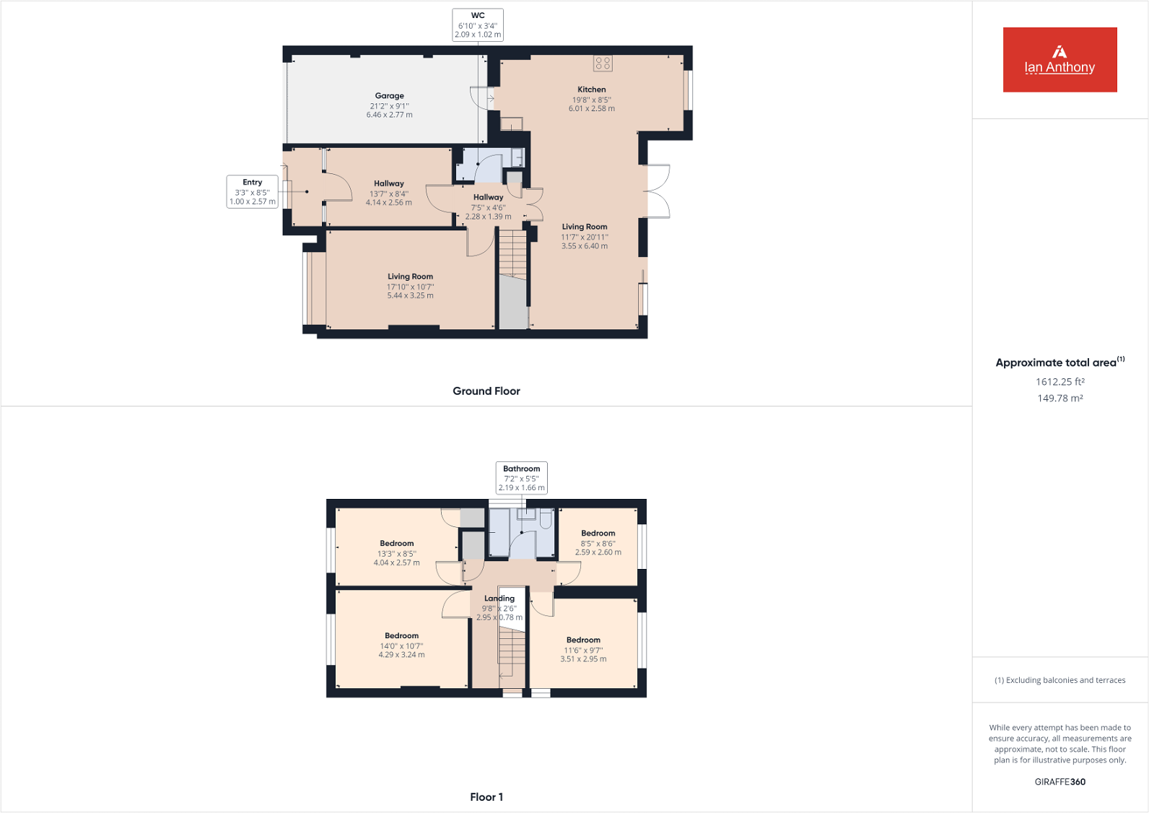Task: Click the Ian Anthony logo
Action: coord(1060,60)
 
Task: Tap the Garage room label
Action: coord(389,96)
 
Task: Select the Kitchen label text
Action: coord(591,90)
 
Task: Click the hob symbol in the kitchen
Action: coord(603,64)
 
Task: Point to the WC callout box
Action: coord(478,25)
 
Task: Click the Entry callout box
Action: coord(252,192)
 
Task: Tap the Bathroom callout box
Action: coord(521,478)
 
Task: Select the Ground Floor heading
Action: coord(486,391)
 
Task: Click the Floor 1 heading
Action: coord(486,797)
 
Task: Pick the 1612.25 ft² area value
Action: coord(1060,382)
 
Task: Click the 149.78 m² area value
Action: coord(1060,399)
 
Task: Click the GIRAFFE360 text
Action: coord(1060,782)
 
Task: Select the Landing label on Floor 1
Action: coord(499,599)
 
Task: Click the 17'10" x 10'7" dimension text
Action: coord(410,287)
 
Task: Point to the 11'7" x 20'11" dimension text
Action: coord(585,237)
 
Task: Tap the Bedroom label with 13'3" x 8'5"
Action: coord(397,544)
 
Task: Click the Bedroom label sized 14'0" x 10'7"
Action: coord(401,636)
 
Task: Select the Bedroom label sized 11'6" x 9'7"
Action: coord(583,640)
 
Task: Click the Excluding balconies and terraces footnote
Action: coord(1060,680)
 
